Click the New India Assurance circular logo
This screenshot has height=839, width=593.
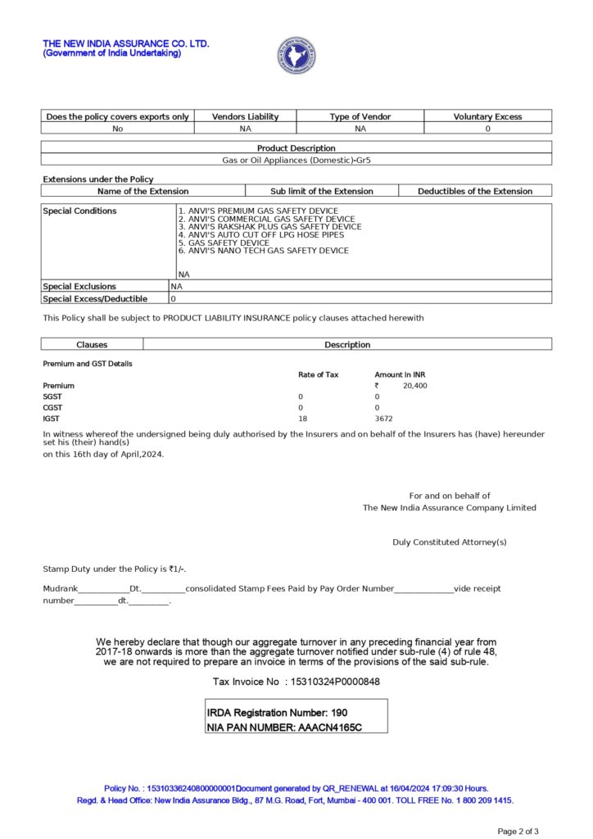[296, 55]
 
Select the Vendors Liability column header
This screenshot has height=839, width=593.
[245, 116]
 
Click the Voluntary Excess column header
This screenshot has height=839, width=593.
[487, 116]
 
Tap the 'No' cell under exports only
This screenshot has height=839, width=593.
[117, 129]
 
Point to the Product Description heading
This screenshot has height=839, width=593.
[296, 148]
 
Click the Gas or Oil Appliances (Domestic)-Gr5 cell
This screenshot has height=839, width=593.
[296, 160]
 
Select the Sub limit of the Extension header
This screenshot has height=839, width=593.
[321, 191]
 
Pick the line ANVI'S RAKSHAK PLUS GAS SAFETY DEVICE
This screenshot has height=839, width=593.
[269, 227]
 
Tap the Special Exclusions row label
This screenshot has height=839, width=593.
[79, 287]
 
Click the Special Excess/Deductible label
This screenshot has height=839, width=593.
[95, 299]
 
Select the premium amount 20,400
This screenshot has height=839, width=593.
[414, 386]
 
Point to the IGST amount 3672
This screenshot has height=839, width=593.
[384, 419]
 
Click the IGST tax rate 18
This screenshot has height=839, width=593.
[302, 419]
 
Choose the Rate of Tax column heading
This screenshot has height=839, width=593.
[318, 374]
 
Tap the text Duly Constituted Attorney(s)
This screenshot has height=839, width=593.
[449, 542]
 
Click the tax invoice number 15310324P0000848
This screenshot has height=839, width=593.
[332, 682]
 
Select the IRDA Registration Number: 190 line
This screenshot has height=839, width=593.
[277, 713]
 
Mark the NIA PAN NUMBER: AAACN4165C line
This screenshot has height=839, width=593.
[284, 727]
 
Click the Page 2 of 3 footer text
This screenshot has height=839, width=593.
[518, 832]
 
